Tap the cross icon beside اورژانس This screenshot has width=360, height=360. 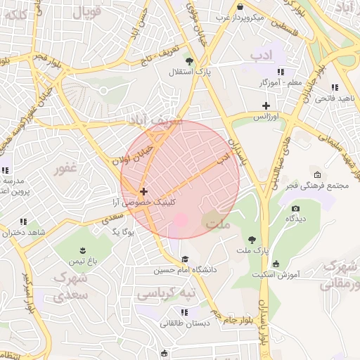point(266,105)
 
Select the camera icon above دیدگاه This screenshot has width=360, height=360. point(295,209)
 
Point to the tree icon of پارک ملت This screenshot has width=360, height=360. point(252,240)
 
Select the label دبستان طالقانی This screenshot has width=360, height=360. point(184,323)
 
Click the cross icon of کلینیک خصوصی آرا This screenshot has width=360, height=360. point(144,191)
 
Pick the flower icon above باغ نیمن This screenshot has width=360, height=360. point(83,250)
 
